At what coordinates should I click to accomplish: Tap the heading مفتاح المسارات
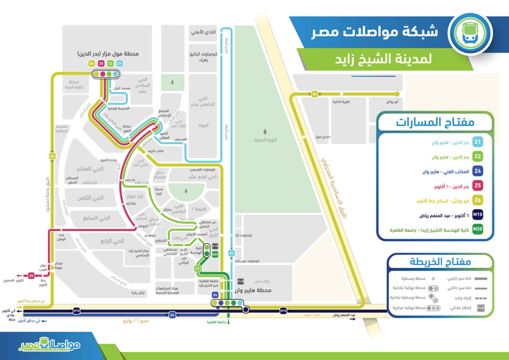pos(435,122)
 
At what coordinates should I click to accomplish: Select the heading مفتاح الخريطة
pos(441,262)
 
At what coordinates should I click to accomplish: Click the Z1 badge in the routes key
pos(478,142)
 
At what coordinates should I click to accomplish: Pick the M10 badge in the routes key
pos(478,214)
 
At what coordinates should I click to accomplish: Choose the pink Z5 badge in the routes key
pos(478,186)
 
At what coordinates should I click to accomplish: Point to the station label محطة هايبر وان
pos(255,291)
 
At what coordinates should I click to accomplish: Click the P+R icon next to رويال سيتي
pos(241,281)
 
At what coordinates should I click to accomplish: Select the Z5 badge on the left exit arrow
pos(31,275)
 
